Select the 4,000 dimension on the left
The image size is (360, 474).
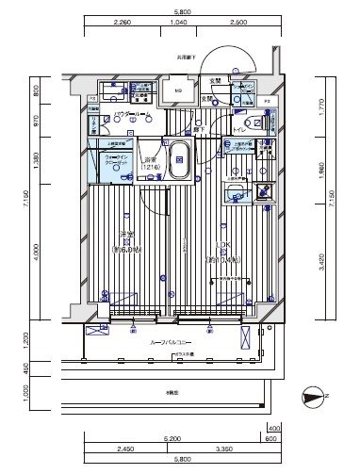tap(37, 253)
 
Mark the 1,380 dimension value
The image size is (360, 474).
tap(37, 161)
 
